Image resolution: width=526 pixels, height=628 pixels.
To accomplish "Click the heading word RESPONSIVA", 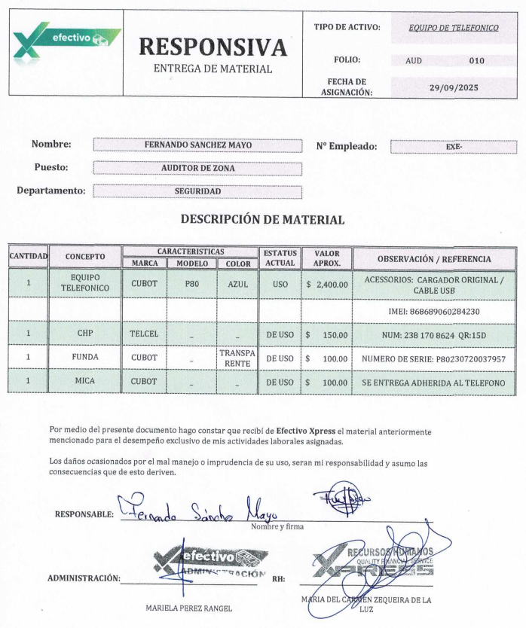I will click(213, 47).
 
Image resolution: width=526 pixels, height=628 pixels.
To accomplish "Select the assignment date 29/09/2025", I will click(454, 87).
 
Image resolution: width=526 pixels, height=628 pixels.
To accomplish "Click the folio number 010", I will click(476, 60).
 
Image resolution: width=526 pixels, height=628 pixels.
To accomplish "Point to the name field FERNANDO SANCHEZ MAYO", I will click(197, 145).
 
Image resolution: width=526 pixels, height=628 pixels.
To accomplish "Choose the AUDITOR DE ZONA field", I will click(197, 168).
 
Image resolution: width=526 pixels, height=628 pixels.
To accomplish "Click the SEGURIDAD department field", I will click(197, 191).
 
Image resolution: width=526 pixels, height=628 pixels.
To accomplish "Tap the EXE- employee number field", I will click(454, 147).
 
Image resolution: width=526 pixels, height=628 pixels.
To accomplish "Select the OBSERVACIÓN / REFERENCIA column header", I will click(434, 258).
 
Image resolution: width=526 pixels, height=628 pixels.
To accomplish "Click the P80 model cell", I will click(191, 284).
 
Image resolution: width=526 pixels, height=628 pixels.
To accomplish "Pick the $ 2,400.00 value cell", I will click(327, 285).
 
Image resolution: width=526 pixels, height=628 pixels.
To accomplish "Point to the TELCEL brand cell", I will click(144, 333).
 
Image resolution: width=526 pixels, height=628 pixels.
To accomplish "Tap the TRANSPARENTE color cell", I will click(237, 358).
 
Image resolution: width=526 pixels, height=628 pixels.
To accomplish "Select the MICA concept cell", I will click(84, 382).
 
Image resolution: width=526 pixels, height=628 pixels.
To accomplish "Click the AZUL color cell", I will click(237, 284).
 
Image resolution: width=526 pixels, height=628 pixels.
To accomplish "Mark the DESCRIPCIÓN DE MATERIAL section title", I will click(262, 220).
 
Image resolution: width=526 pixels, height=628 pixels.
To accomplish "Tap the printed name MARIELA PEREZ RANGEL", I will click(190, 607).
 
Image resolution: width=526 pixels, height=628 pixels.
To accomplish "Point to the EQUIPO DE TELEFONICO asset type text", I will click(453, 28).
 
